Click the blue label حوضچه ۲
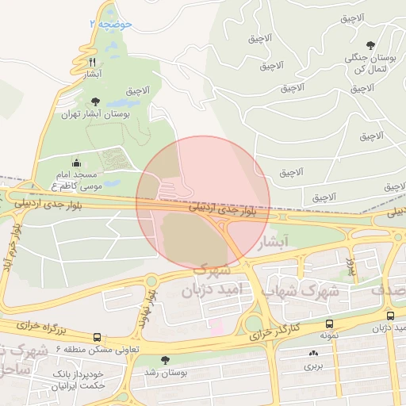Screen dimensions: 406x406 pos(110,25)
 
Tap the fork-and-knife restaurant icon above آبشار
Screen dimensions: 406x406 pos(93,61)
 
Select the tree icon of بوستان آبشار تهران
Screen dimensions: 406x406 pos(96,101)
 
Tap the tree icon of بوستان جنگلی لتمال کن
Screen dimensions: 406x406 pos(370,45)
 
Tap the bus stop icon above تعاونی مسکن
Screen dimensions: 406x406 pos(97,336)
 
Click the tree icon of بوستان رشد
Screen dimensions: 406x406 pos(165,360)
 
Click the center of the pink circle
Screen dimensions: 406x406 pos(203,202)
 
